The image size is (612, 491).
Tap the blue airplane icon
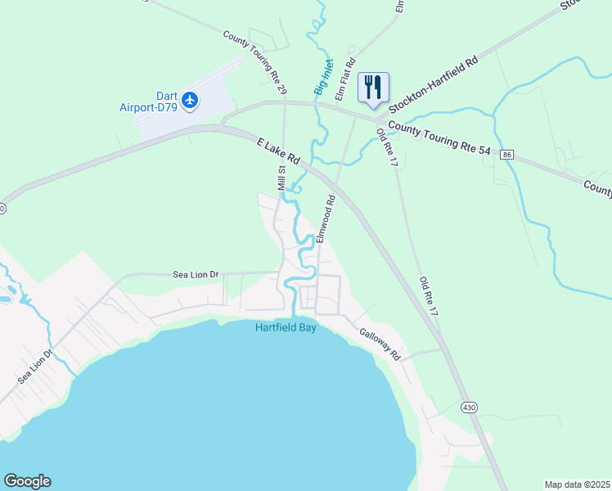191,100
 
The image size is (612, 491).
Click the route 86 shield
508,155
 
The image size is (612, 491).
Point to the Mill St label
281,179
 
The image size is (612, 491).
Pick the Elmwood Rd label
326,218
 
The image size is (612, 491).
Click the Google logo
27,481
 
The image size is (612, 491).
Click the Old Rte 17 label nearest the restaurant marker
387,147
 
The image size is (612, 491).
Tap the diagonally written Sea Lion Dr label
35,366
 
